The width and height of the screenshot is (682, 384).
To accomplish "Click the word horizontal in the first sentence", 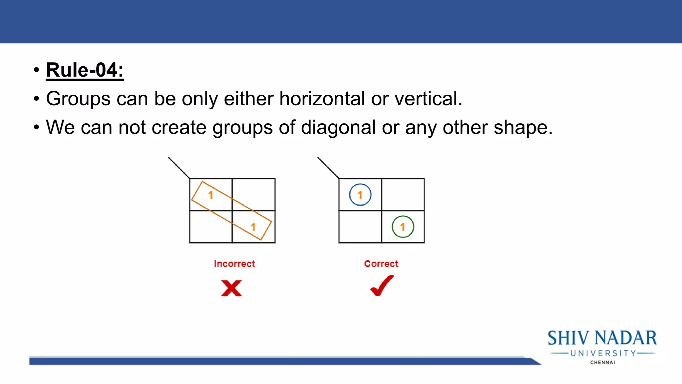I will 322,99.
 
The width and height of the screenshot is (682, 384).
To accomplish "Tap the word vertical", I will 428,99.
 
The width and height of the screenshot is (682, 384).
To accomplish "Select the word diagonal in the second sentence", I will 338,127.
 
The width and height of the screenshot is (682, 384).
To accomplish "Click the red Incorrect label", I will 234,264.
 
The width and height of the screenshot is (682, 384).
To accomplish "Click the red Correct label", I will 381,264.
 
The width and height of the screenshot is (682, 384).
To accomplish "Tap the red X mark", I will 231,288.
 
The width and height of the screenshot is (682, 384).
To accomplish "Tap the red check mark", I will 382,286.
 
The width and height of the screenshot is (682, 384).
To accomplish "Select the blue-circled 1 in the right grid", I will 360,195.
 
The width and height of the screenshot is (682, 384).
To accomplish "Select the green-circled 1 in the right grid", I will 403,227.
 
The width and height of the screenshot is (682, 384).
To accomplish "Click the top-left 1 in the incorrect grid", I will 210,195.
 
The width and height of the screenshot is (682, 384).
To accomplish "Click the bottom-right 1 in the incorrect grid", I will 253,227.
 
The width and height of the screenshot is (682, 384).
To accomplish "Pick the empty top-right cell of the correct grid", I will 403,195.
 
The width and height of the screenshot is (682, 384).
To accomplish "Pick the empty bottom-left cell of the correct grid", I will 360,227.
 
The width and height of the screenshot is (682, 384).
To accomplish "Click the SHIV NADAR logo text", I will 602,338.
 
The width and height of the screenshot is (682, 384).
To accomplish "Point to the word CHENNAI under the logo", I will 602,362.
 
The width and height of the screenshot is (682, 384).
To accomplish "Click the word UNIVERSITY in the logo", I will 603,353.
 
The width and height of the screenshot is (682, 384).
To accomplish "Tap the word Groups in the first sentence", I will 78,99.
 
